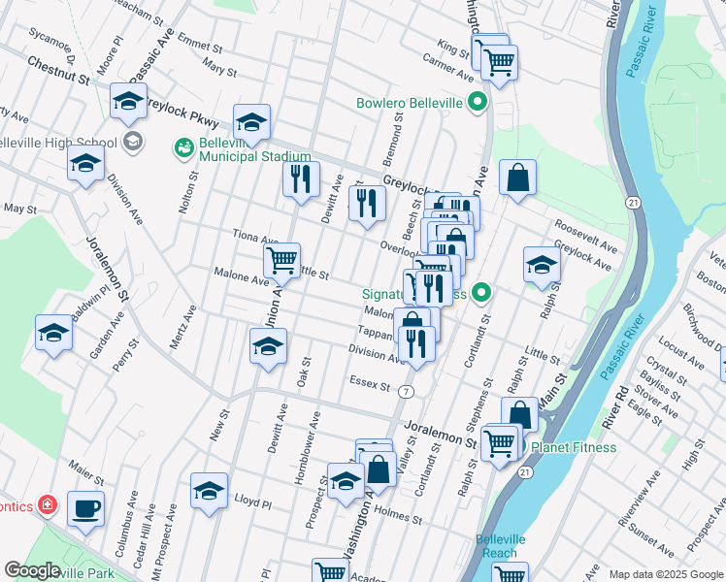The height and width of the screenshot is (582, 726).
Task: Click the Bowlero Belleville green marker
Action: click(x=478, y=102)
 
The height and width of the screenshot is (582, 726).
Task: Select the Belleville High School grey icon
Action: click(x=133, y=143)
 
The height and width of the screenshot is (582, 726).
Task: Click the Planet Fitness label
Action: click(x=572, y=447)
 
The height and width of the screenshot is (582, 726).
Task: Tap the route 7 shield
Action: click(x=406, y=390)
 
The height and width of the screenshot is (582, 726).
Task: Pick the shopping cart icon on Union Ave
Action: click(x=281, y=259)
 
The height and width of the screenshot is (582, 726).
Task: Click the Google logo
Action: click(x=31, y=570)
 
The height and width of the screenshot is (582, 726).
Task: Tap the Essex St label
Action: click(x=371, y=385)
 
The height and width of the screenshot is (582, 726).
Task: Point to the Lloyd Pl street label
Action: click(x=252, y=501)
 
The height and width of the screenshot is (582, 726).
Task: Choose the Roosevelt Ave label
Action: click(x=587, y=246)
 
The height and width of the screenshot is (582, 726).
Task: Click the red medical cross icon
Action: click(x=46, y=505)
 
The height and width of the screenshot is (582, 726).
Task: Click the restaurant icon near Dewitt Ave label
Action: click(x=301, y=178)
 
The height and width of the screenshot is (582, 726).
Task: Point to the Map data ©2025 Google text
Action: click(x=666, y=574)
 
